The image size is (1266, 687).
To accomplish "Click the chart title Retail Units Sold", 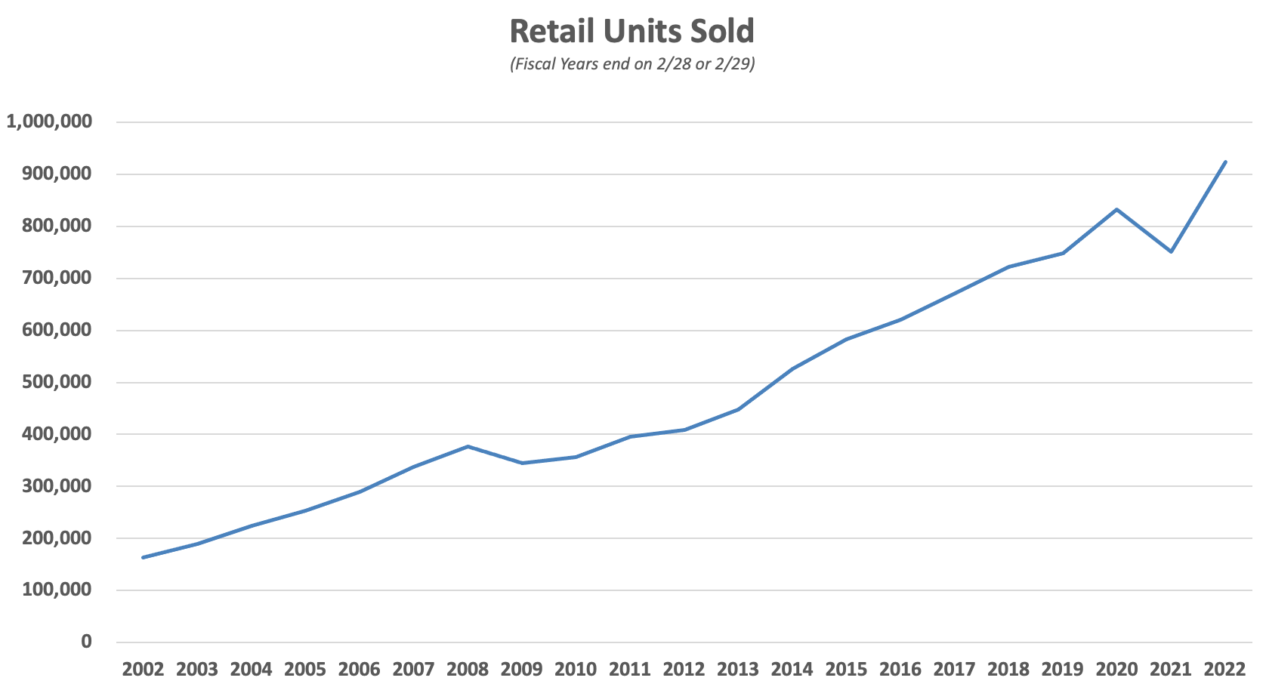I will [x=631, y=32].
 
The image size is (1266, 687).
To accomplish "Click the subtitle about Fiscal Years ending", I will [x=632, y=63].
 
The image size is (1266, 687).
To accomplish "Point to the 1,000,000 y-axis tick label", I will [x=49, y=122].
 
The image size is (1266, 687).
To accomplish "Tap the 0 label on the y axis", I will [x=86, y=642].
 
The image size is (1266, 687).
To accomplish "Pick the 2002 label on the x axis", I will [x=143, y=670].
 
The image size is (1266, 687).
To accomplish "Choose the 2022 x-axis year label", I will [x=1224, y=670].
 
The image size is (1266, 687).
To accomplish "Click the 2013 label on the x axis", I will [x=738, y=670].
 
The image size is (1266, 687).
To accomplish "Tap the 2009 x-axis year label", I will [x=521, y=670].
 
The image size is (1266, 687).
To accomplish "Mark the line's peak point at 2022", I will [x=1225, y=162].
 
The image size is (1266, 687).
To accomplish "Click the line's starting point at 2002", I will [x=143, y=557].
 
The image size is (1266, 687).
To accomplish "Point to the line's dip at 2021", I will [x=1171, y=251].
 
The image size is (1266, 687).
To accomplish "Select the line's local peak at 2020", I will [x=1116, y=209].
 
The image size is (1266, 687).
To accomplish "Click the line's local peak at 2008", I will [x=468, y=446].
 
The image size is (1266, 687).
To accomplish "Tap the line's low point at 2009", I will [x=522, y=463].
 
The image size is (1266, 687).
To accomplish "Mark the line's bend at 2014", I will [x=792, y=368].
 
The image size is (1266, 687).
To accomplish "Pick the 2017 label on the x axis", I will [x=954, y=670].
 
